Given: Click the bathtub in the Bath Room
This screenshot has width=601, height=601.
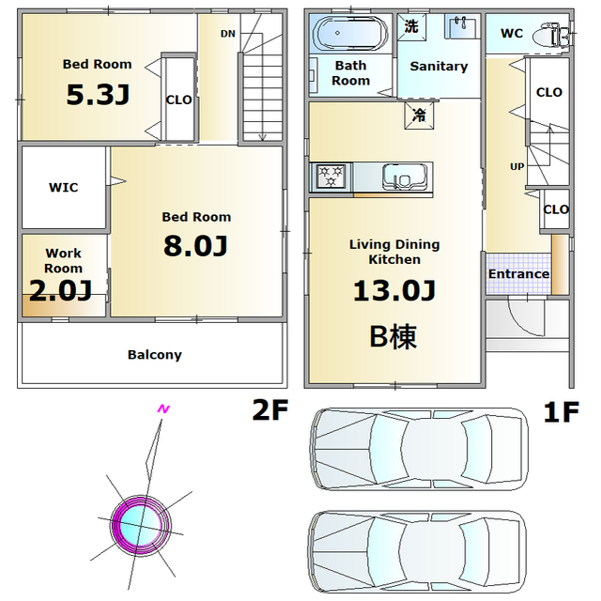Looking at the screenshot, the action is (x=348, y=34).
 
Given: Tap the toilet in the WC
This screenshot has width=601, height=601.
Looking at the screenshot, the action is (x=551, y=36).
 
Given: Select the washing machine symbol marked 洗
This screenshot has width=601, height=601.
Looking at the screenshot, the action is (x=411, y=27).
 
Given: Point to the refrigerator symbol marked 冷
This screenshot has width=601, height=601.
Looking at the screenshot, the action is (x=420, y=115).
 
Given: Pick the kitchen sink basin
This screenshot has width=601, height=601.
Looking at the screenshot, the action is (x=405, y=177).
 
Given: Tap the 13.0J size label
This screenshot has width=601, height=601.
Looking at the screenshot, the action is (x=394, y=290).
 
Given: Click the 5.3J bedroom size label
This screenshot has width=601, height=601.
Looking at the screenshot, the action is (x=98, y=95).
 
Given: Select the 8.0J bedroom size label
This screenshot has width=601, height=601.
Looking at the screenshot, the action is (x=195, y=246).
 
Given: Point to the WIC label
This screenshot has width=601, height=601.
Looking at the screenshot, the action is (x=64, y=188).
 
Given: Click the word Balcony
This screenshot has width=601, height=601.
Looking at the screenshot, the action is (x=155, y=355).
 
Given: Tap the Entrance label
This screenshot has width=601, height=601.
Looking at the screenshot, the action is (x=518, y=273).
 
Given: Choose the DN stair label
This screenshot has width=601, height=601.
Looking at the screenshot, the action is (x=227, y=34).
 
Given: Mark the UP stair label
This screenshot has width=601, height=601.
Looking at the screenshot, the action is (x=517, y=167).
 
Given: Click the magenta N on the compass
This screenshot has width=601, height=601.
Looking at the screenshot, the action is (x=163, y=409).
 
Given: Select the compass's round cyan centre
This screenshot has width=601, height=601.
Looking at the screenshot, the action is (x=140, y=526).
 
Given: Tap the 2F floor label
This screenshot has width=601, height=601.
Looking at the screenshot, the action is (x=270, y=409).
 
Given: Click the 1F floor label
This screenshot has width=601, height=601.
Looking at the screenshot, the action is (x=562, y=412).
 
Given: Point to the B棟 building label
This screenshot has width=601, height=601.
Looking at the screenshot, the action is (x=393, y=336).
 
